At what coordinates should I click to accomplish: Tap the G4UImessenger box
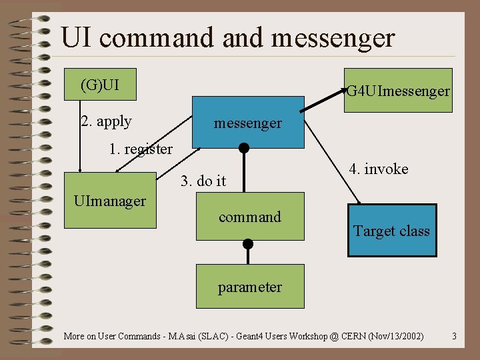pyautogui.click(x=398, y=91)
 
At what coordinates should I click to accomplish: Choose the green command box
pyautogui.click(x=250, y=217)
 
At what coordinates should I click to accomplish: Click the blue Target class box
pyautogui.click(x=392, y=231)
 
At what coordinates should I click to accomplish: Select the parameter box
pyautogui.click(x=250, y=287)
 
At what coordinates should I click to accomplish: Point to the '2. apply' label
pyautogui.click(x=106, y=121)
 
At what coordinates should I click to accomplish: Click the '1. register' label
pyautogui.click(x=141, y=149)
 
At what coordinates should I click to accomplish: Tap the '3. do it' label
pyautogui.click(x=203, y=181)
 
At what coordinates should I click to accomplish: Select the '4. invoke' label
pyautogui.click(x=378, y=169)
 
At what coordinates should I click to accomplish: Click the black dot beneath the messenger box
pyautogui.click(x=244, y=148)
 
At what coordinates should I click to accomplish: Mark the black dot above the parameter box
pyautogui.click(x=248, y=243)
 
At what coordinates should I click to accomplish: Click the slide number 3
pyautogui.click(x=454, y=336)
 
